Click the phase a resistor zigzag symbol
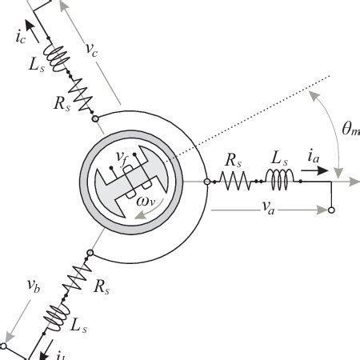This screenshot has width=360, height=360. coord(236,182)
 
